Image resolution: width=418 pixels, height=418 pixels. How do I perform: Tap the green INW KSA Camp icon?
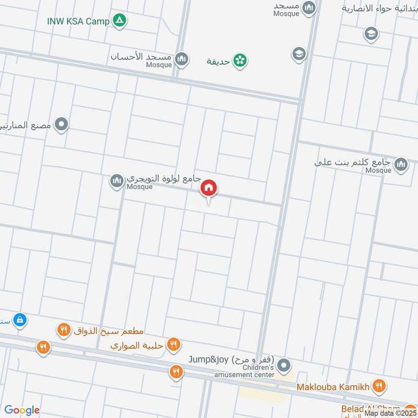121,21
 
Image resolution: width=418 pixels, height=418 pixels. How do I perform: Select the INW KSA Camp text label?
78,21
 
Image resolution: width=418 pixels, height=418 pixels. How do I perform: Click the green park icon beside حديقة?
240,61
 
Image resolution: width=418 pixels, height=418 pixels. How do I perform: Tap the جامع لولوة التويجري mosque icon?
117,181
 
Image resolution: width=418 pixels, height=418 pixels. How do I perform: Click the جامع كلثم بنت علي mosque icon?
401,165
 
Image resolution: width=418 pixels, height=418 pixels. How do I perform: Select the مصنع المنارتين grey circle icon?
62,124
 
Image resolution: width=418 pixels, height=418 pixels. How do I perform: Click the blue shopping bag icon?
19,319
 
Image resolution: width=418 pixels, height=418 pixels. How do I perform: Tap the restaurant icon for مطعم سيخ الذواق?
63,330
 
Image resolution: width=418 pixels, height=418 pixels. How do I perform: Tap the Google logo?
22,410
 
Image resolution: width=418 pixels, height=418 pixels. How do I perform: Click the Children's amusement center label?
245,371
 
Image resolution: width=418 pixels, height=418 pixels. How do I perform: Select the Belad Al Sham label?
367,409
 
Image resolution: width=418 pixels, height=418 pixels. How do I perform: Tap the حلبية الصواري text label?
138,345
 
